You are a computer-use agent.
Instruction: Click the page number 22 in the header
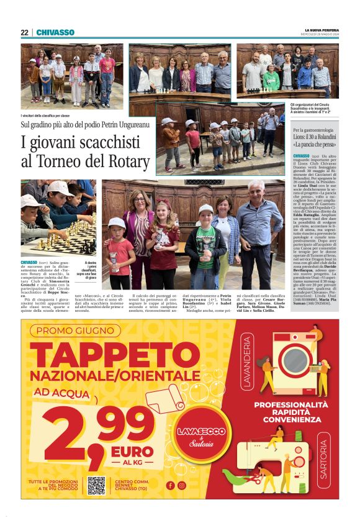tap(24, 32)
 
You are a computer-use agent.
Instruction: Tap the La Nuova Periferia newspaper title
tap(321, 30)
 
